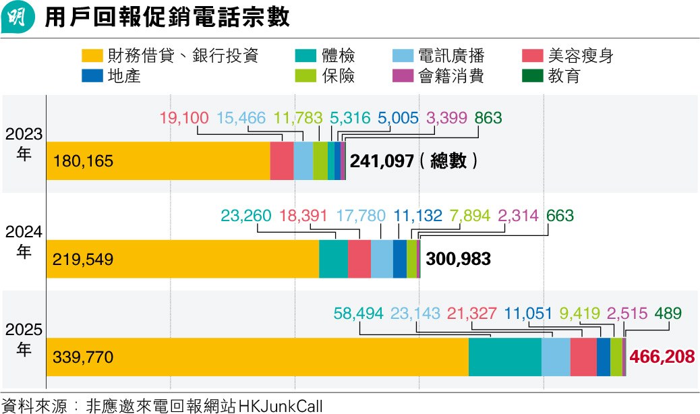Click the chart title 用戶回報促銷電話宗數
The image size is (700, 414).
[167, 18]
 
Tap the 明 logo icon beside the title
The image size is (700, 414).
[18, 18]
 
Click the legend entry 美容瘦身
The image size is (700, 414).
[580, 56]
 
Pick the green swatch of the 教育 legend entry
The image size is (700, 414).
[533, 76]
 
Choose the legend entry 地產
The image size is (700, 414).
[123, 76]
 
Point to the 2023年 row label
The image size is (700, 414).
[24, 144]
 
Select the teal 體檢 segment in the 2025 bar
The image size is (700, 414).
[504, 357]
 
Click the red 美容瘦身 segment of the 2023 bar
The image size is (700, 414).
[281, 161]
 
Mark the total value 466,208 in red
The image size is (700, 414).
[661, 357]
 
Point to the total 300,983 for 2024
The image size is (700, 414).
[457, 259]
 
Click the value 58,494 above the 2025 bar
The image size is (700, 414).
[358, 314]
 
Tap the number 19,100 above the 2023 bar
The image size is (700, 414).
[184, 118]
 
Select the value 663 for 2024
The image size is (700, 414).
[560, 216]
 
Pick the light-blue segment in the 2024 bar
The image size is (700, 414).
[382, 259]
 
